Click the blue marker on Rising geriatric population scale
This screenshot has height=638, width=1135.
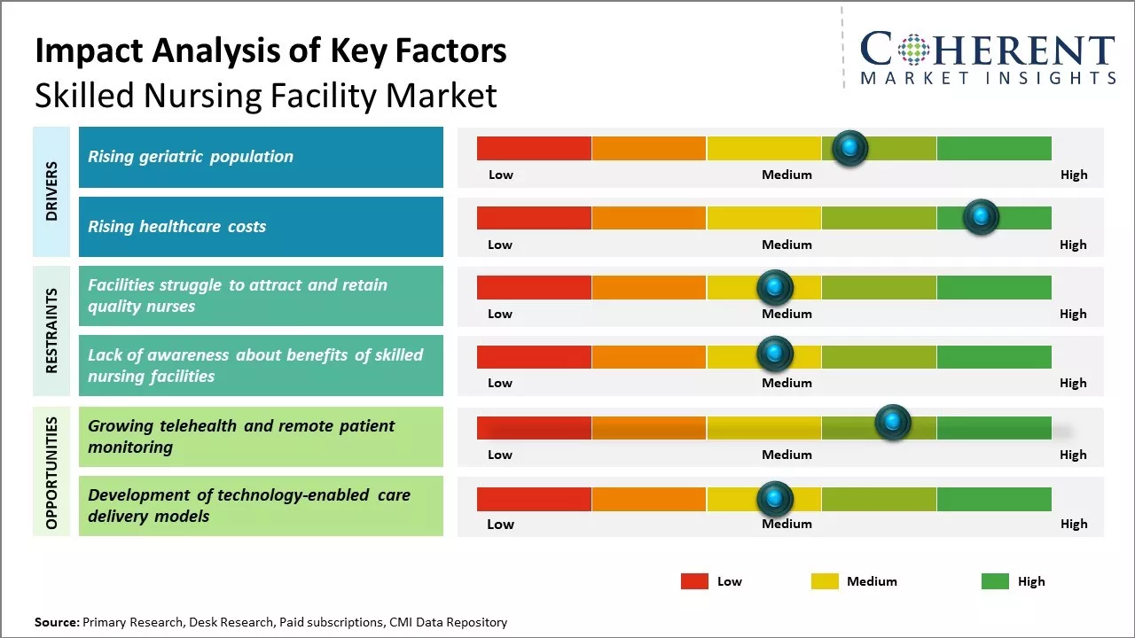pyautogui.click(x=850, y=148)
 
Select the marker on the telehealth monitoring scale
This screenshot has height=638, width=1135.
pyautogui.click(x=893, y=423)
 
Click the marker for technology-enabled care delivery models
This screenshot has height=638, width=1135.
pyautogui.click(x=775, y=499)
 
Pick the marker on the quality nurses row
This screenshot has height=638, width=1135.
pyautogui.click(x=775, y=287)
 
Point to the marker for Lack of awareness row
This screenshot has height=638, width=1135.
pyautogui.click(x=775, y=354)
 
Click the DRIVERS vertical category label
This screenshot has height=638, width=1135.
pyautogui.click(x=51, y=191)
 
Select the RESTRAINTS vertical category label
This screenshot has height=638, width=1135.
pyautogui.click(x=51, y=331)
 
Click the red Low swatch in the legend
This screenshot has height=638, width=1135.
pyautogui.click(x=694, y=581)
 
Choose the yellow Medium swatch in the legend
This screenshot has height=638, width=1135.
pyautogui.click(x=825, y=581)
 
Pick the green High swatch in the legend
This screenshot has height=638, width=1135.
pyautogui.click(x=995, y=581)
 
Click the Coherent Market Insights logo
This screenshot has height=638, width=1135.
pyautogui.click(x=987, y=58)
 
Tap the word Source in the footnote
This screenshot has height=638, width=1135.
pyautogui.click(x=56, y=622)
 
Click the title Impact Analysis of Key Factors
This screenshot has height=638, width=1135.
pyautogui.click(x=270, y=51)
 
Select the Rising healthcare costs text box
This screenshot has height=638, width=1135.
pyautogui.click(x=261, y=227)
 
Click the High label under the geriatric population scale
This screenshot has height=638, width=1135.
pyautogui.click(x=1073, y=175)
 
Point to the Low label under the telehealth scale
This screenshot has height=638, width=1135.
pyautogui.click(x=500, y=455)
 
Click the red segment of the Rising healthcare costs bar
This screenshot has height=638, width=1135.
pyautogui.click(x=534, y=218)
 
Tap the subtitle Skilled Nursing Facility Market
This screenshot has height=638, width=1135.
pyautogui.click(x=266, y=96)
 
